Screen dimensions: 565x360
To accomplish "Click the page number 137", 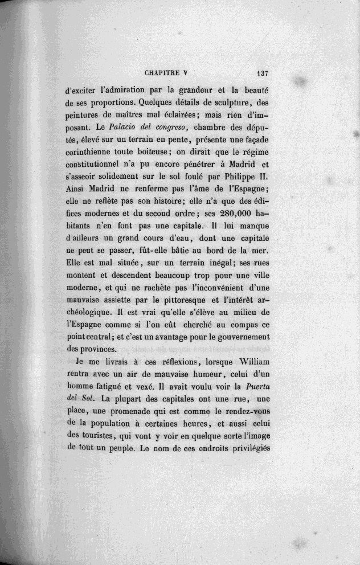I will coord(263,73).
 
